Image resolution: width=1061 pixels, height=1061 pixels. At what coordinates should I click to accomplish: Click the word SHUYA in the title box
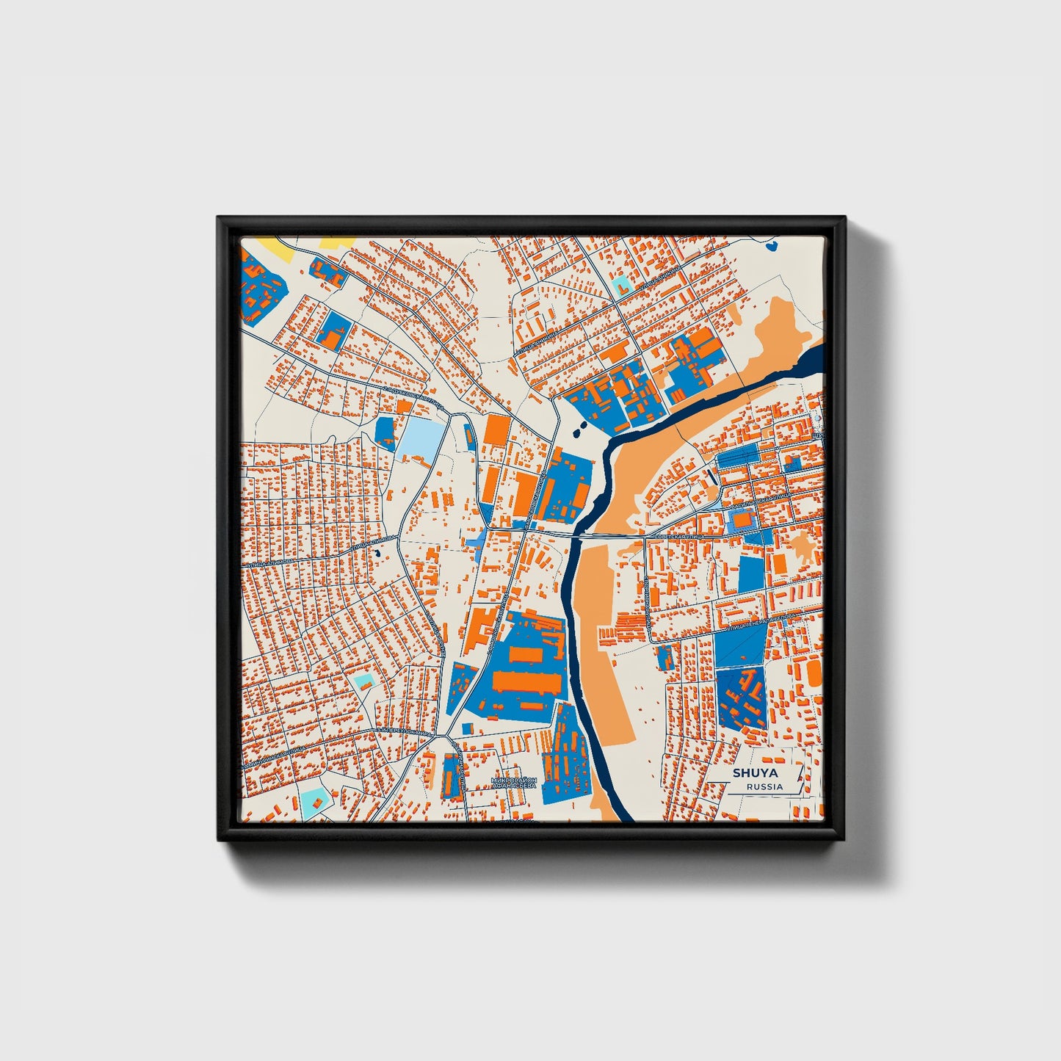point(756,773)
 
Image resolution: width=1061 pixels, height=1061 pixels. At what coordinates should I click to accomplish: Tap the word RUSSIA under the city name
point(764,786)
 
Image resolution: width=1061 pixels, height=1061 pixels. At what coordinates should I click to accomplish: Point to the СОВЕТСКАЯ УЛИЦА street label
point(678,538)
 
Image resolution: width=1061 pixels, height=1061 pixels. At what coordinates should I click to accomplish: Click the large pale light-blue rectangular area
point(421,438)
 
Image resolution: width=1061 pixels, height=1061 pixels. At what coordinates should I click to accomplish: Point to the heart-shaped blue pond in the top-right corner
point(772,245)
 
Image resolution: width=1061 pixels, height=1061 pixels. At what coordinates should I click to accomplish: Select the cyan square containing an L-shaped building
point(621,284)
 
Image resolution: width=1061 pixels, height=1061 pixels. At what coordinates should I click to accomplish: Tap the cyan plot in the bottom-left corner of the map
point(314,799)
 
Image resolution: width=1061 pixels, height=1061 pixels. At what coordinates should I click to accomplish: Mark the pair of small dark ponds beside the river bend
point(579,427)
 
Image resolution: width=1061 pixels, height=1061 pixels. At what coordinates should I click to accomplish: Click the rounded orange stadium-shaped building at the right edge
point(814,672)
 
